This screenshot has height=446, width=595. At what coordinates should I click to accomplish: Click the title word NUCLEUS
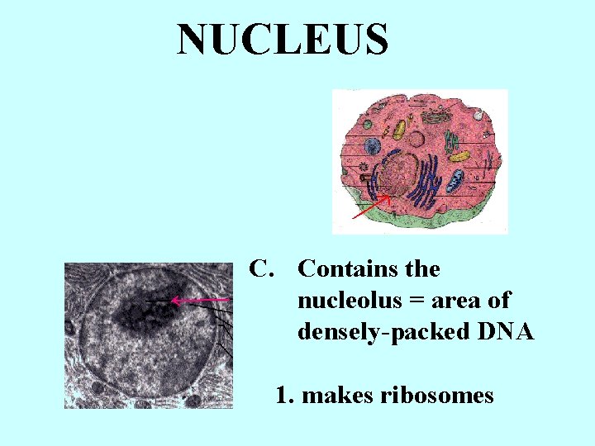click(283, 40)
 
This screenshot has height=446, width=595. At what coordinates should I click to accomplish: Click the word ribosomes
click(437, 396)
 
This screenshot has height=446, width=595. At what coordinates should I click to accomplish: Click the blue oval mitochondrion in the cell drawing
click(456, 180)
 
